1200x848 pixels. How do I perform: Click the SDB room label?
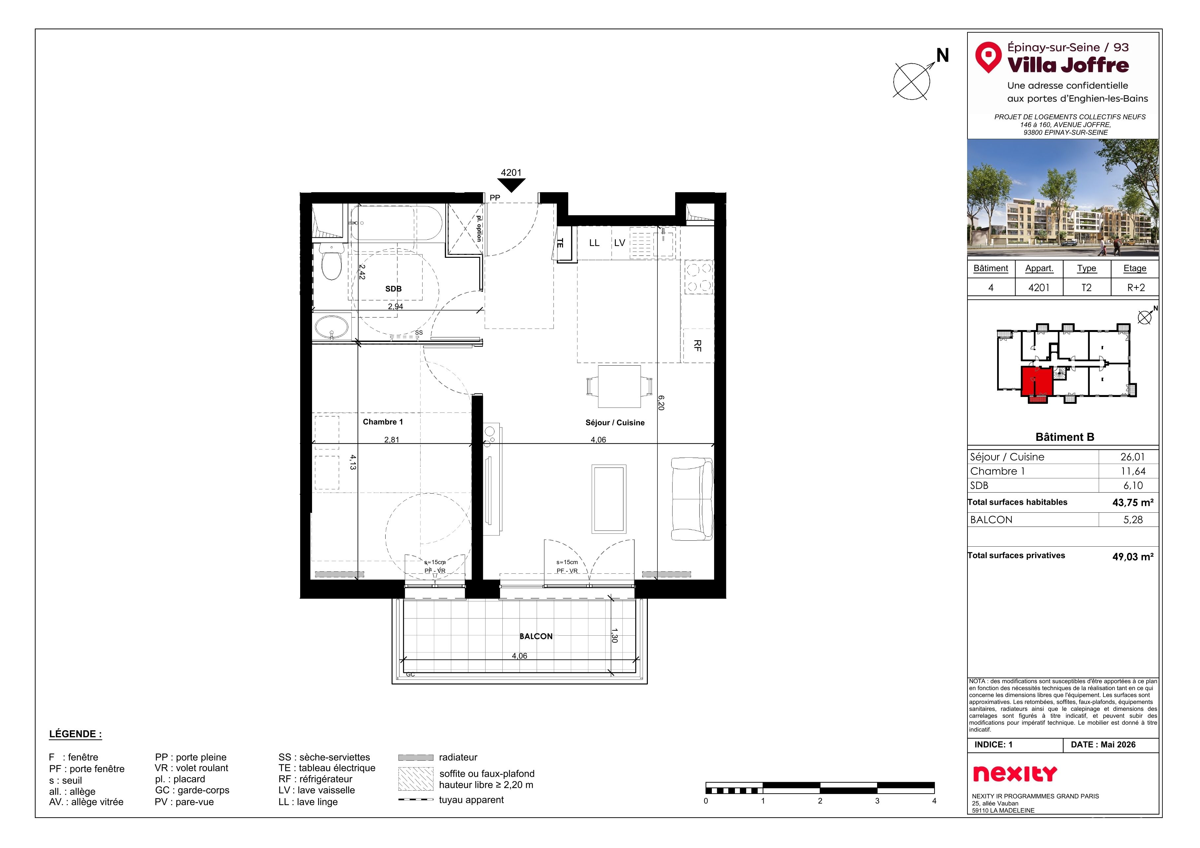(x=393, y=289)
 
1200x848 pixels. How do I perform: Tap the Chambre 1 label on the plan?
(x=383, y=422)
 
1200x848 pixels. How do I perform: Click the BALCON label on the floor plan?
(x=536, y=636)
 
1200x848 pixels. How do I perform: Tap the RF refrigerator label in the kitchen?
(x=697, y=345)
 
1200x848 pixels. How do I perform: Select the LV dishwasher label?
(x=619, y=243)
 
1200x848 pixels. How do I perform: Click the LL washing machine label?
(x=594, y=243)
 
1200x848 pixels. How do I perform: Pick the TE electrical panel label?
(x=560, y=243)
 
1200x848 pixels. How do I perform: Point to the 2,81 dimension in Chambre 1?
(x=392, y=440)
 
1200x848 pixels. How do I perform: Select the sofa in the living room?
(x=691, y=499)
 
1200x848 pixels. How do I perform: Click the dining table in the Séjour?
(x=619, y=387)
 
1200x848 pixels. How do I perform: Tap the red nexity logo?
(x=1015, y=774)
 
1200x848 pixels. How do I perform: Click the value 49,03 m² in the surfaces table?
(x=1133, y=557)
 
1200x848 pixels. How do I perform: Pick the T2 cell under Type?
(x=1086, y=288)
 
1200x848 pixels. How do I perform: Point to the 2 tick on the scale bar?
(x=820, y=801)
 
